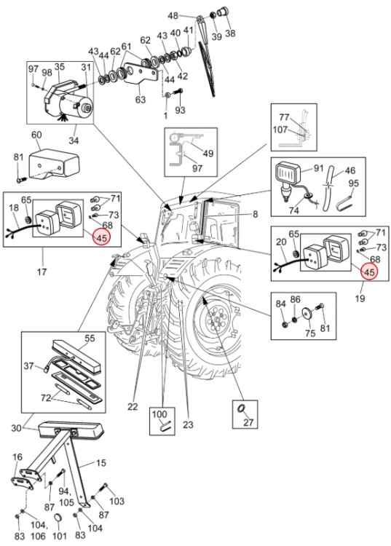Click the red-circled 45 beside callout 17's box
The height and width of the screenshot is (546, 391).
[103, 237]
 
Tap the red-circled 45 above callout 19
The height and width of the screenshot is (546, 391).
[369, 272]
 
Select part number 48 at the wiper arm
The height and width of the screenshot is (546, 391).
[173, 16]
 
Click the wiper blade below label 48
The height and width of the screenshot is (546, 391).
[207, 68]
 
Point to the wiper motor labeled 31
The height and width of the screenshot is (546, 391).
[76, 105]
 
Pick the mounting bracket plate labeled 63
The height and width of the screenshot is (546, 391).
[141, 74]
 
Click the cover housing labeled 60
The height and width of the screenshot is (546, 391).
[55, 165]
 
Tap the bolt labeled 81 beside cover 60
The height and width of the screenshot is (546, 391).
[20, 180]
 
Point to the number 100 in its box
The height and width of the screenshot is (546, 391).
[159, 414]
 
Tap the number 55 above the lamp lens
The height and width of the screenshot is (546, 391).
[90, 338]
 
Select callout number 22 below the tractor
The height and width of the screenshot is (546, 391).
[133, 406]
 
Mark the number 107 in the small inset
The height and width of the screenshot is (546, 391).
[280, 130]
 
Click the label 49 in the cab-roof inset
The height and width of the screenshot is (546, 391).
[208, 153]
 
